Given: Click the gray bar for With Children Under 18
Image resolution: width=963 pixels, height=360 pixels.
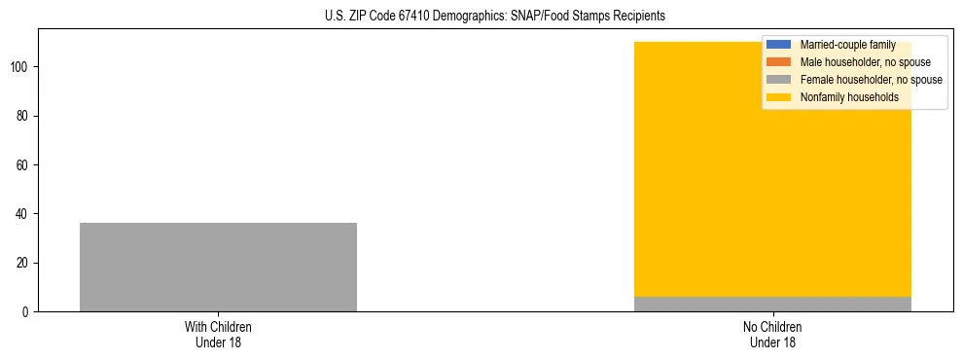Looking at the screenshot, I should coord(218,268).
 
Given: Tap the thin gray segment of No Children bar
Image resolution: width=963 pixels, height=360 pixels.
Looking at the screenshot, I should coord(772,305).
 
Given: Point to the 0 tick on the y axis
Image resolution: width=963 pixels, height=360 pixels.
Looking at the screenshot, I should coord(26,312).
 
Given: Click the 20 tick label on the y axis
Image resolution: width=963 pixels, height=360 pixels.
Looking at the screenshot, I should coord(23,264).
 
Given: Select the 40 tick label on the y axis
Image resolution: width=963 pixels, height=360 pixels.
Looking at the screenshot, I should coord(23,214).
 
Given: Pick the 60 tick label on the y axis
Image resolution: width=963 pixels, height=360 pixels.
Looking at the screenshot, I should coord(23,165).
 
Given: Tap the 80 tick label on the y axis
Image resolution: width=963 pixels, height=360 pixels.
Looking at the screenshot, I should coord(23,116).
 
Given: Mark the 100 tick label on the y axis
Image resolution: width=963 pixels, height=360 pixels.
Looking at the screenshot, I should coord(20,67).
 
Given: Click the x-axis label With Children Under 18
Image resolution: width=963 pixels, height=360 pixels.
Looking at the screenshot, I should coord(218,334).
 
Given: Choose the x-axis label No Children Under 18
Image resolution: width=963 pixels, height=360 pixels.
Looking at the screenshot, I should coord(772,334).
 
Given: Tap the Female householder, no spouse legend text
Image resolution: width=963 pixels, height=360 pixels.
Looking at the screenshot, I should coord(871,80).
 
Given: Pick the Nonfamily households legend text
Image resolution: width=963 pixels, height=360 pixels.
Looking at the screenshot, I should coord(849,97).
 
